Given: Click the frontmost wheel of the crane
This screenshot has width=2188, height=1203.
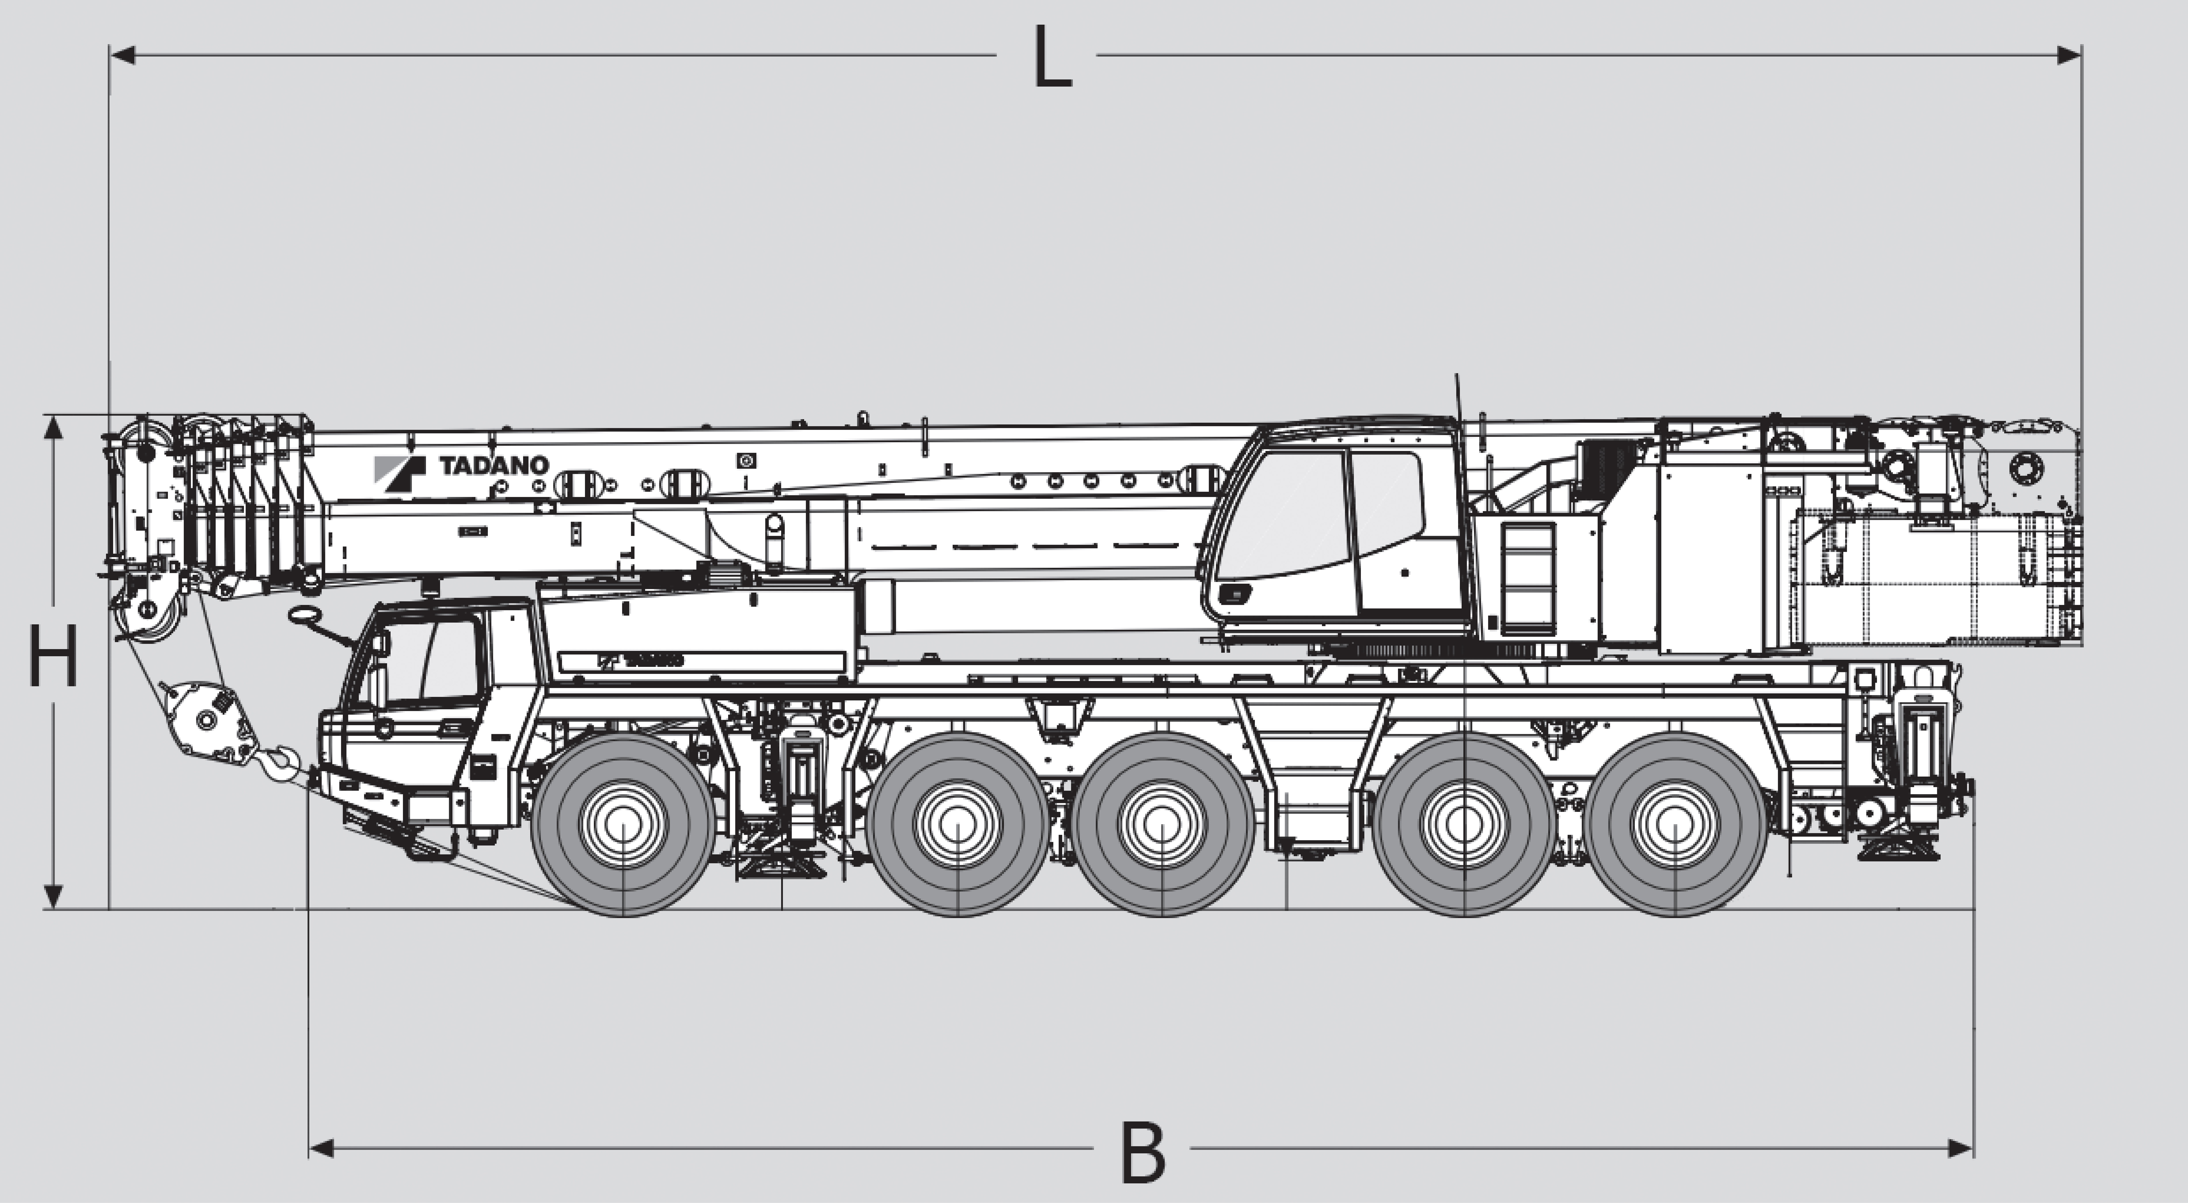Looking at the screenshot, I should click(x=623, y=824).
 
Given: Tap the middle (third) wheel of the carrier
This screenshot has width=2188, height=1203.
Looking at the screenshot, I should click(x=1162, y=824).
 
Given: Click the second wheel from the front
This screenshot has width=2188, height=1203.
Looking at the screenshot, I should click(x=957, y=824).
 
